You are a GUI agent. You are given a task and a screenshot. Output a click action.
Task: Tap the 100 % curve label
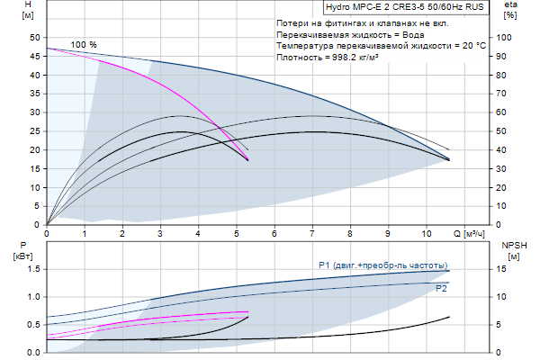pos(84,44)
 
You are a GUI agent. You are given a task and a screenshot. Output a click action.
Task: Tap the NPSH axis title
pos(513,245)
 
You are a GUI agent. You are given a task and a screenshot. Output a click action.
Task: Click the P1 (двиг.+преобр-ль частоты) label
pos(382,265)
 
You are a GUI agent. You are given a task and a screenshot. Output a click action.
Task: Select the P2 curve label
pos(441,289)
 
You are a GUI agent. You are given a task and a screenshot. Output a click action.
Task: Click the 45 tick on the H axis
pos(36,56)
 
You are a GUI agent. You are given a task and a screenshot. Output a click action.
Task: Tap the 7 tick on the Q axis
pos(312,234)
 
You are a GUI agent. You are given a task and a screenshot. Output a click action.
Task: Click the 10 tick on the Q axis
pos(426,234)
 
